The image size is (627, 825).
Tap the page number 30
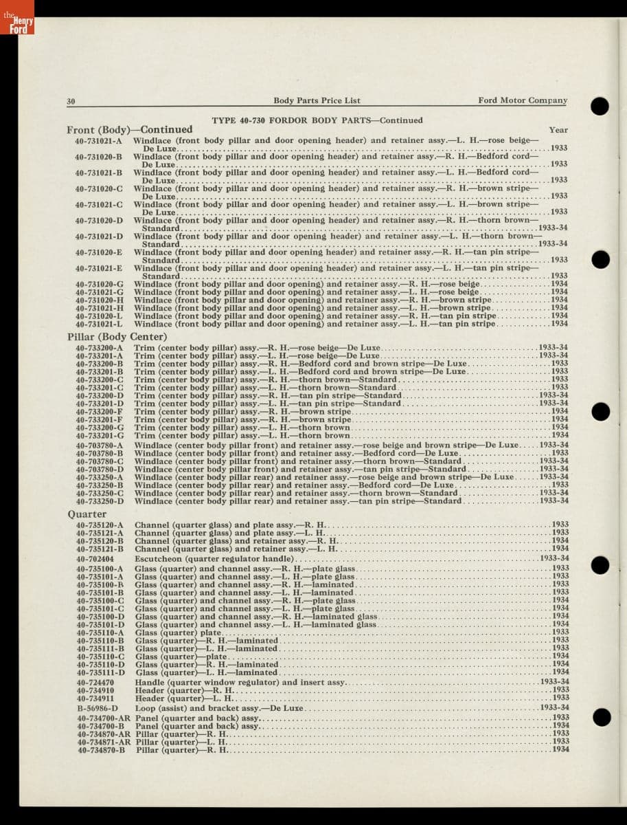pos(71,101)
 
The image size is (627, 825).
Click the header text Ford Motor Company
pos(523,100)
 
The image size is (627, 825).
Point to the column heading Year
pos(558,129)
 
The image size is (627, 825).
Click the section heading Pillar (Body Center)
pos(117,336)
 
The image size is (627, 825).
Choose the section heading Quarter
pos(82,514)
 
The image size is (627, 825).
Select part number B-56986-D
pos(97,707)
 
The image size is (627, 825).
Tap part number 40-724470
pos(95,682)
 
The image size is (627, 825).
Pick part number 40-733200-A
pos(100,348)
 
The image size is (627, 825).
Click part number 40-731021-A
pos(99,141)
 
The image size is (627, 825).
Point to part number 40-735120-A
pos(100,525)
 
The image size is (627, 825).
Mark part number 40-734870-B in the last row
pos(101,750)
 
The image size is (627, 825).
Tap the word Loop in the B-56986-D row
pos(145,707)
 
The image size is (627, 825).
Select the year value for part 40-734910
pos(560,690)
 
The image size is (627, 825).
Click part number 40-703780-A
pos(100,445)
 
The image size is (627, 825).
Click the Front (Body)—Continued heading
pos(130,129)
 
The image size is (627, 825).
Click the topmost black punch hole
pos(600,105)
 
